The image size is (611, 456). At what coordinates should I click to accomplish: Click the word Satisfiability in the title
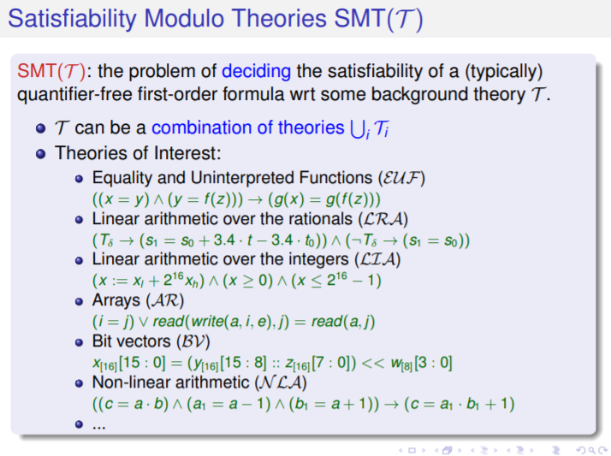(x=72, y=19)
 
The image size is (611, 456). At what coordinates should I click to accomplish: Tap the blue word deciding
(x=256, y=72)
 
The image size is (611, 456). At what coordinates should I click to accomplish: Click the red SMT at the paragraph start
(x=37, y=71)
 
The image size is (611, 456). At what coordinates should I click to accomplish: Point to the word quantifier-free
(x=74, y=95)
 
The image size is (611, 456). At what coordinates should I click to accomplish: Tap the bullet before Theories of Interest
(x=40, y=154)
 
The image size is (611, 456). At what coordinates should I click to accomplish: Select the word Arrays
(x=116, y=300)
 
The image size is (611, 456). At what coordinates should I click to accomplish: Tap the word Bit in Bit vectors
(x=101, y=341)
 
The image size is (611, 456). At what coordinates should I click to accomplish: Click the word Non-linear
(x=132, y=382)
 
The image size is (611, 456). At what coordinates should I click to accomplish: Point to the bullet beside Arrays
(x=79, y=301)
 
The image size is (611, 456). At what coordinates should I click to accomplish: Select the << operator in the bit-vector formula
(x=373, y=363)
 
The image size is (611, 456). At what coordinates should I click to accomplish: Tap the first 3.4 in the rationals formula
(x=224, y=240)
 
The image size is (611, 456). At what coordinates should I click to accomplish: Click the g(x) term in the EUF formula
(x=288, y=199)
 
